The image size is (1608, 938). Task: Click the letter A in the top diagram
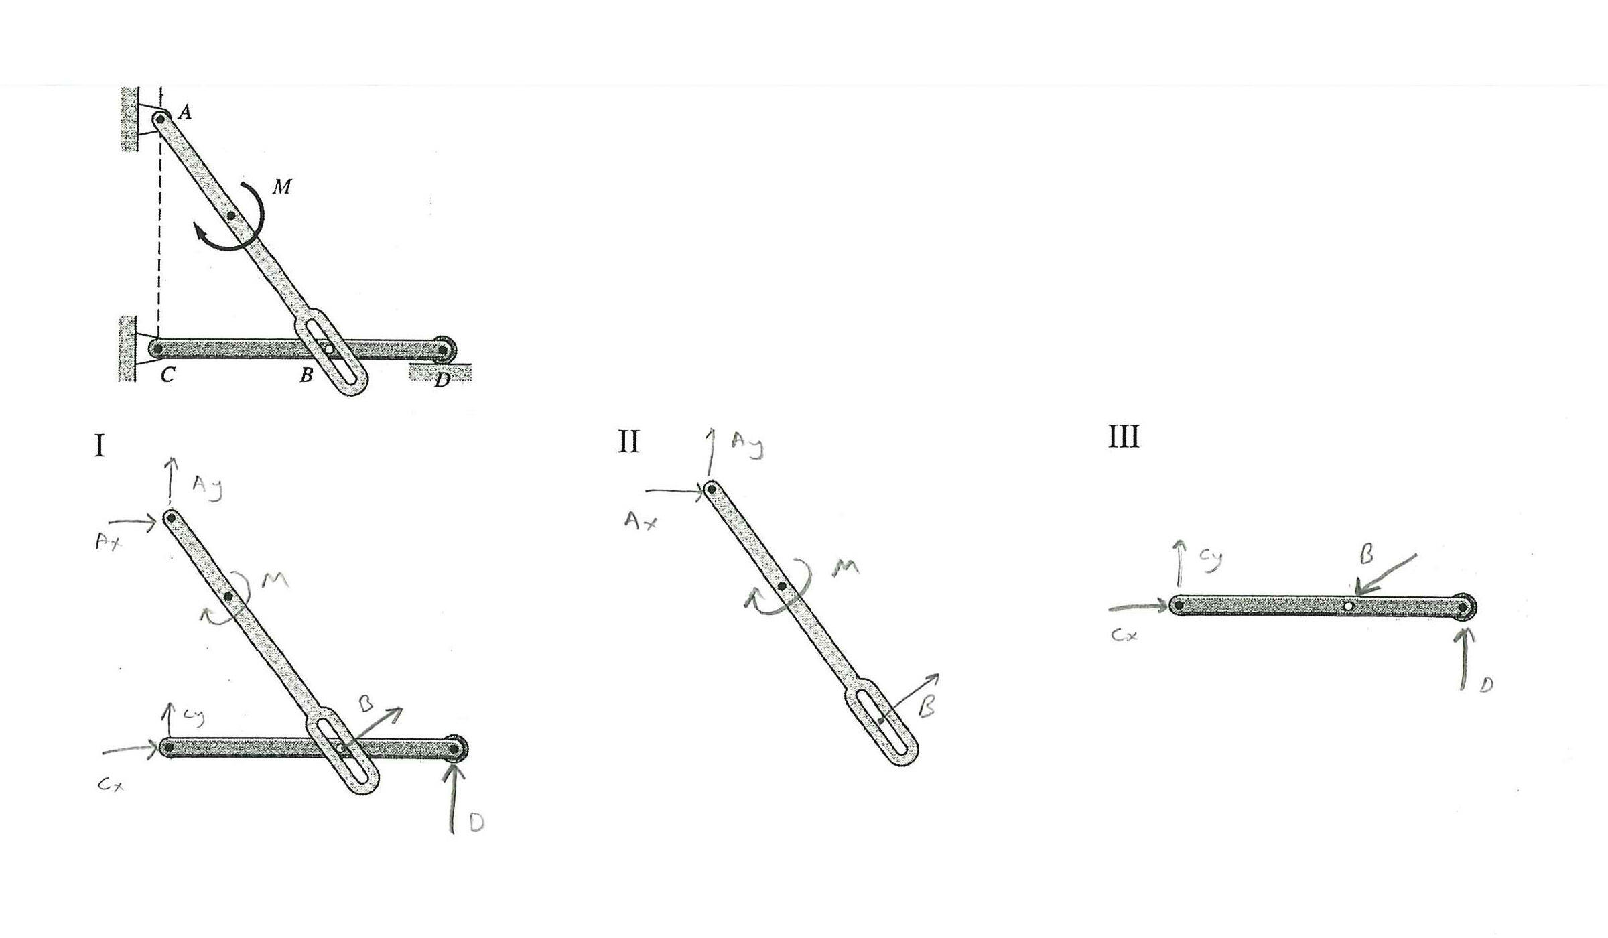pos(185,112)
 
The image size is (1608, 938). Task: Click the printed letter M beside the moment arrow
pos(282,186)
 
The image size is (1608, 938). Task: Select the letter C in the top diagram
pos(167,375)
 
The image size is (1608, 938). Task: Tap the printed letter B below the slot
pos(306,375)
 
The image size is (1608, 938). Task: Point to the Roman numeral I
pos(100,446)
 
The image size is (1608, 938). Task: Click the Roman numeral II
pos(628,442)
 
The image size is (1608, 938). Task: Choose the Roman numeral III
pos(1124,436)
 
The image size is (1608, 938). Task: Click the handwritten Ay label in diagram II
pos(748,445)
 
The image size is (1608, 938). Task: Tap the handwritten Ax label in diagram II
pos(640,521)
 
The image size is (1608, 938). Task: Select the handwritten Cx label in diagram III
pos(1124,634)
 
